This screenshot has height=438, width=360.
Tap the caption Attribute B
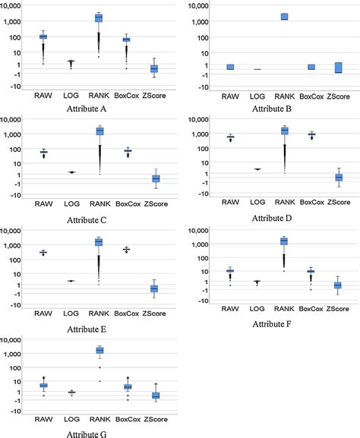click(273, 109)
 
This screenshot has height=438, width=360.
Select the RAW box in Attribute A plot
click(43, 36)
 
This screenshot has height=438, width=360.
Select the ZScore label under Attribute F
click(339, 310)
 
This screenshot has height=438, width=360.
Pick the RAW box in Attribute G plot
click(43, 385)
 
